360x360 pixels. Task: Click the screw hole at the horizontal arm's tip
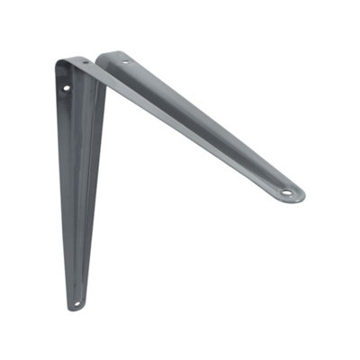pyautogui.click(x=286, y=192)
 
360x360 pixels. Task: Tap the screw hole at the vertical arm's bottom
pyautogui.click(x=76, y=303)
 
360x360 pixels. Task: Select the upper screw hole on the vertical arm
pyautogui.click(x=66, y=87)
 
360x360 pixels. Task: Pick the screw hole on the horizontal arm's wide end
pyautogui.click(x=125, y=62)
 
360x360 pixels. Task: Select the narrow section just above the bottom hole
pyautogui.click(x=77, y=283)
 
